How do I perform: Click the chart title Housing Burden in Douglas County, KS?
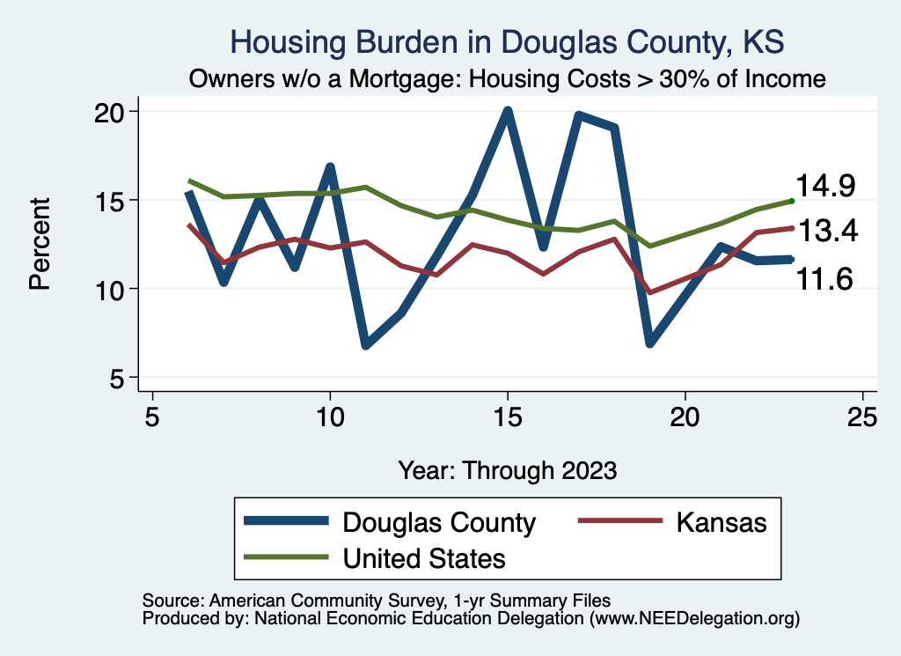[507, 41]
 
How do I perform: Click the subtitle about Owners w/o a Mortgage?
[507, 79]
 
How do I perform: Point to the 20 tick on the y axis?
[117, 112]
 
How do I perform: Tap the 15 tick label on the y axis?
[117, 200]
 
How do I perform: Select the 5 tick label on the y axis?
[122, 378]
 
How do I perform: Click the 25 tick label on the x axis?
[862, 416]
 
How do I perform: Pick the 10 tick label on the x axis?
[330, 416]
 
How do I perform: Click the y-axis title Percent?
[40, 244]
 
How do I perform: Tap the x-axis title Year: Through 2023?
[507, 469]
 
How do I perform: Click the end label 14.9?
[826, 186]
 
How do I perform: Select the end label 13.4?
[826, 232]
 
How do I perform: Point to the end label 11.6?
[826, 280]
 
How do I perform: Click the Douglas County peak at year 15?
[508, 112]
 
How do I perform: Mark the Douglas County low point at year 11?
[365, 344]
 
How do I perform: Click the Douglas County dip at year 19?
[650, 342]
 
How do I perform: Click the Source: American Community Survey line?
[376, 600]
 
